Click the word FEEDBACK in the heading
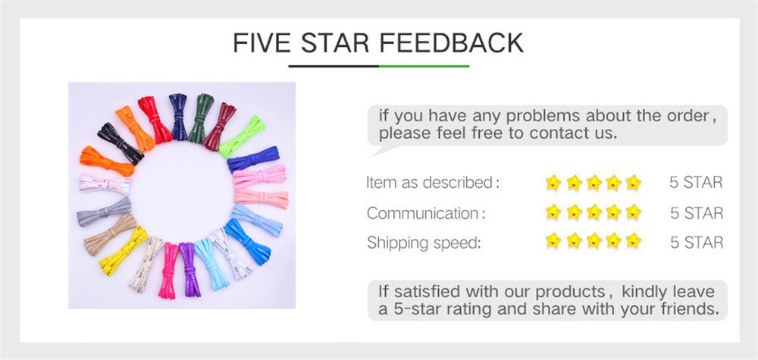pos(451,42)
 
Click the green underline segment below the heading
pos(424,67)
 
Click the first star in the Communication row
pos(554,213)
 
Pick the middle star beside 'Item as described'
pos(594,183)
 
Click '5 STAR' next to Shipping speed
pos(696,243)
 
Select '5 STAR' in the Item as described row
pos(696,183)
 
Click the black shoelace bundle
pos(120,143)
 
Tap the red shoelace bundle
pos(155,119)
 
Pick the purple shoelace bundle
pos(188,268)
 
